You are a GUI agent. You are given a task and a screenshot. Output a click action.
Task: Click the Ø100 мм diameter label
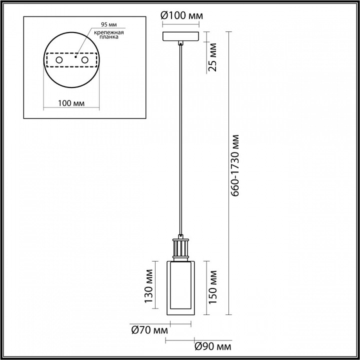pyautogui.click(x=181, y=15)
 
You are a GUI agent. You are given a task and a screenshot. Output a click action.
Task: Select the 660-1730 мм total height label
pyautogui.click(x=238, y=165)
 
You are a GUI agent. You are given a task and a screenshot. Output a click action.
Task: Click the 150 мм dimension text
pyautogui.click(x=212, y=287)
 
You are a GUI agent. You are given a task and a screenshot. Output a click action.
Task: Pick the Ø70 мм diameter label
pyautogui.click(x=148, y=330)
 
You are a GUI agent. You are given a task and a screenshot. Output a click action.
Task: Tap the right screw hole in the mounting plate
pyautogui.click(x=84, y=60)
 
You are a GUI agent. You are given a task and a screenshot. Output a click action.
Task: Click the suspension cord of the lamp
pyautogui.click(x=180, y=140)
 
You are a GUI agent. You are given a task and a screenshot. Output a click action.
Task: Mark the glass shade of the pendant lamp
pyautogui.click(x=180, y=287)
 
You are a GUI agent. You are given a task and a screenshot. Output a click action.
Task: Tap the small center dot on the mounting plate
pyautogui.click(x=74, y=57)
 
